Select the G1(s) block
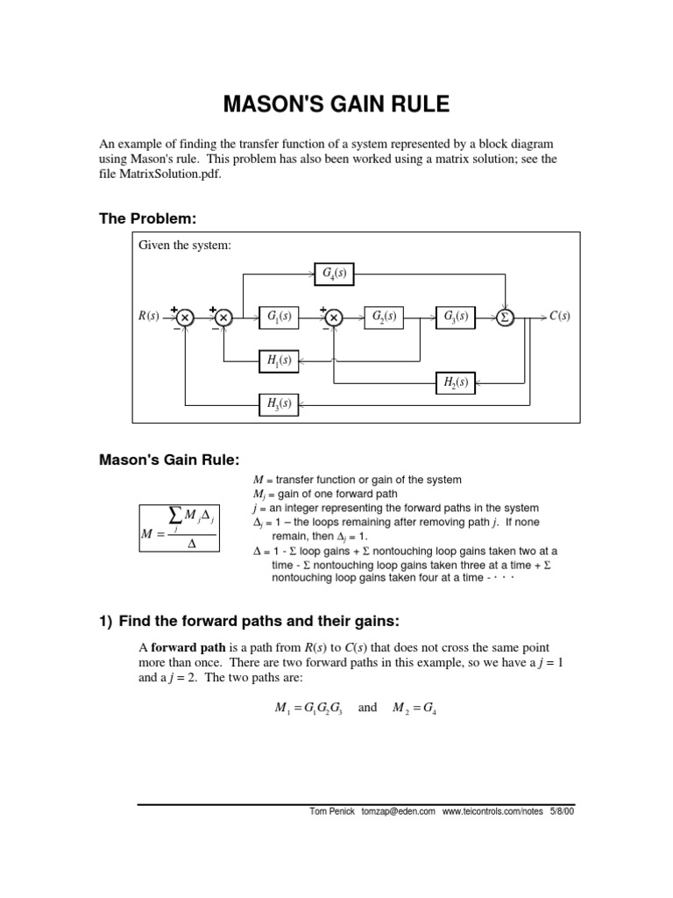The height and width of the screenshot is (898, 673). tap(280, 317)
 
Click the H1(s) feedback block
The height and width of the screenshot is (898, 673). tap(280, 360)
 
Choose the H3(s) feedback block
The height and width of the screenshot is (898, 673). tap(280, 403)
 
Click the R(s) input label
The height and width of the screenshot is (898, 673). tap(148, 317)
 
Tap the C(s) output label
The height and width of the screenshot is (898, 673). tap(559, 317)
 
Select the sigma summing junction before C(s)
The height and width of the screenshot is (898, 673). tap(506, 317)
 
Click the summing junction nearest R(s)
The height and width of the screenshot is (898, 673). tap(184, 317)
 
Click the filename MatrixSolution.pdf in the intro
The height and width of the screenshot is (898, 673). tap(186, 175)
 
